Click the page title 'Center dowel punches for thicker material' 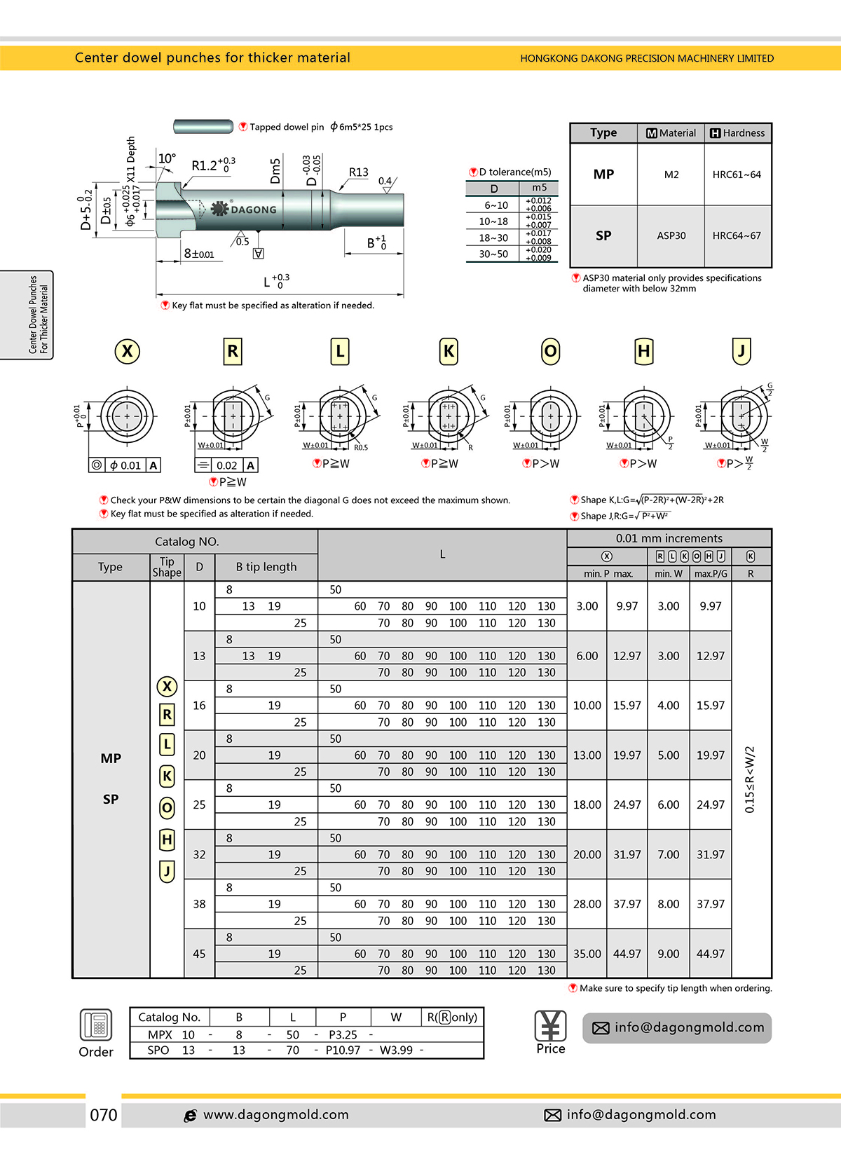[x=212, y=57]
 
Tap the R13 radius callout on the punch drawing [x=358, y=172]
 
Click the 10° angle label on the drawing [x=167, y=158]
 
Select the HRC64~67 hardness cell [x=736, y=236]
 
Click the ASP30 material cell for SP [x=671, y=236]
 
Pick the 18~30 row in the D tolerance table [x=493, y=238]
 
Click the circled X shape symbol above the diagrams [x=127, y=351]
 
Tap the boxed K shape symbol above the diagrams [x=449, y=351]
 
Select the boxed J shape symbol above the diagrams [x=741, y=351]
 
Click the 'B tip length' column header [x=266, y=567]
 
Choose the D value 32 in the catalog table [x=199, y=854]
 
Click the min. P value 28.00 [x=587, y=904]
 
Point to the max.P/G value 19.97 [x=710, y=755]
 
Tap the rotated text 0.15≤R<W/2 [x=750, y=779]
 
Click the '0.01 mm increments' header [x=669, y=538]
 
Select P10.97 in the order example [x=343, y=1050]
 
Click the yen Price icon [x=550, y=1027]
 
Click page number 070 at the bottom [x=103, y=1115]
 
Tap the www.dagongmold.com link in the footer [x=275, y=1115]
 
